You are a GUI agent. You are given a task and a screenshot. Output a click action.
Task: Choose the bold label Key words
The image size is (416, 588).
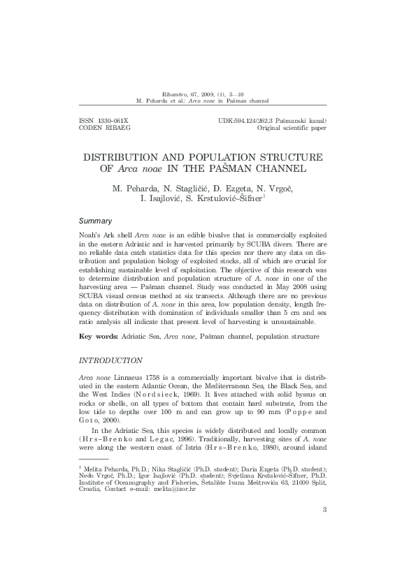tap(96, 337)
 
